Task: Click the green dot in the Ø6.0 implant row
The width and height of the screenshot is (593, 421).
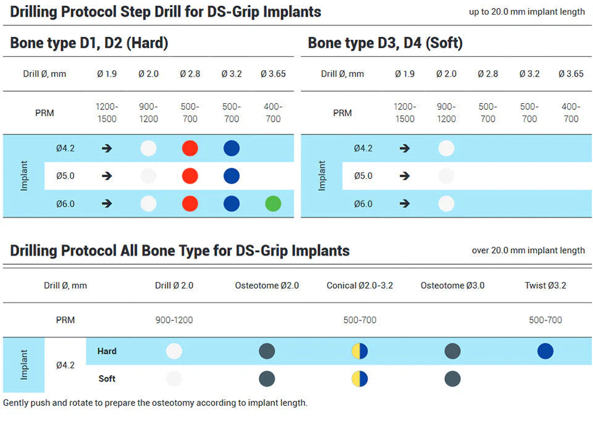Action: [272, 204]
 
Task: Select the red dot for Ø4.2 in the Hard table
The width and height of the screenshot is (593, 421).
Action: [190, 148]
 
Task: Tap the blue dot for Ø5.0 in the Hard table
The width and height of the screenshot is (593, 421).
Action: [231, 176]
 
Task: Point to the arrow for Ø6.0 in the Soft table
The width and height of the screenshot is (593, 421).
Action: [405, 204]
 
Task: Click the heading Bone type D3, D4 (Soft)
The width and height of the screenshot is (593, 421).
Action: [385, 43]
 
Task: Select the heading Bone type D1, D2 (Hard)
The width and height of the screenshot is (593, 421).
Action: [89, 43]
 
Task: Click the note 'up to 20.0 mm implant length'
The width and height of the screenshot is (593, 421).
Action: [527, 12]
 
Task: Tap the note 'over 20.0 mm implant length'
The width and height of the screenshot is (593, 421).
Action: [528, 250]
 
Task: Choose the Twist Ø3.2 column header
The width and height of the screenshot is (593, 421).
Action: [545, 285]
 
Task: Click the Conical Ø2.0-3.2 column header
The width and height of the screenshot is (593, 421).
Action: [360, 285]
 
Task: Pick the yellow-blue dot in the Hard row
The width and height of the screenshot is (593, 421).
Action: [360, 351]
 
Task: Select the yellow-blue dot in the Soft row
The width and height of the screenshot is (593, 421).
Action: [360, 378]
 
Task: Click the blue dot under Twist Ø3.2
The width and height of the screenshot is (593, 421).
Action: [545, 351]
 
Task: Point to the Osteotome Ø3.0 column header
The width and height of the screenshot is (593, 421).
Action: [452, 285]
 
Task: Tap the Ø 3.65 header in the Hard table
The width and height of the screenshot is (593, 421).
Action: [272, 74]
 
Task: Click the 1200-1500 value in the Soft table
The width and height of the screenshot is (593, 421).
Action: [405, 113]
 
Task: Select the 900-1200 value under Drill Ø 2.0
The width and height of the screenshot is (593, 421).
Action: [174, 320]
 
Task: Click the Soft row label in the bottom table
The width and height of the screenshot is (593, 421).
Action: [107, 378]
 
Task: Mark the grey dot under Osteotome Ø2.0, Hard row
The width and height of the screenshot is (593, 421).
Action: [267, 351]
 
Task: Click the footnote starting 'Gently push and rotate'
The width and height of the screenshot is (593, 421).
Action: [155, 403]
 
